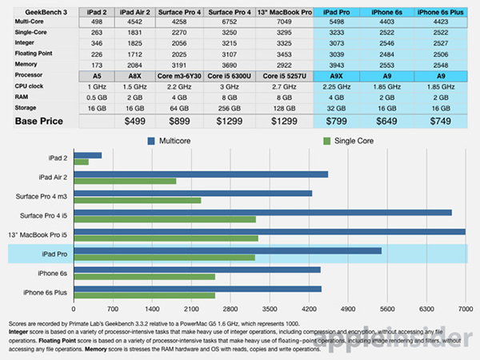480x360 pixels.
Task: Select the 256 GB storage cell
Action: (234, 106)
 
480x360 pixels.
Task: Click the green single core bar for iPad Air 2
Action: (125, 182)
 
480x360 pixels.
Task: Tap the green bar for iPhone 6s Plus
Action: (144, 296)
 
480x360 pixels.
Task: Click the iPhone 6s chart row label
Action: (52, 273)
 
